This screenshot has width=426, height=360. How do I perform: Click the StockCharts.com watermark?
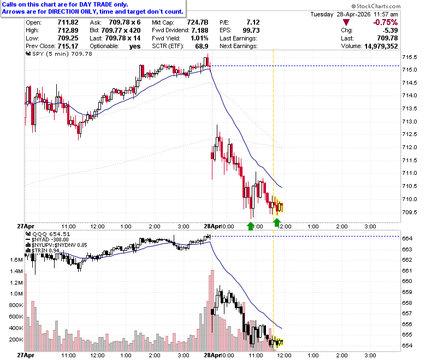coord(376,6)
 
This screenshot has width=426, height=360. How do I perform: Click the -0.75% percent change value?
coord(385,22)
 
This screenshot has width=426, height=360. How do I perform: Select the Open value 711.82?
coord(68,22)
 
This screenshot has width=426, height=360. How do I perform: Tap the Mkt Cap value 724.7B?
coord(198,22)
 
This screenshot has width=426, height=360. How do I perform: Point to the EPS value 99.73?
coord(251,31)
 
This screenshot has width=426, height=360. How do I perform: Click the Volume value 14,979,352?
coord(381,46)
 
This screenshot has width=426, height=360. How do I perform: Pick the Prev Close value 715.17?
coord(68,46)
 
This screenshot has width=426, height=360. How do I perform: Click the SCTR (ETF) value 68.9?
coord(202,46)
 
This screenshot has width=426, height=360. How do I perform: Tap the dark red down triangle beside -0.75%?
coord(346,22)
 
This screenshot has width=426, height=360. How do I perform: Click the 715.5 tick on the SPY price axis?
coord(410,57)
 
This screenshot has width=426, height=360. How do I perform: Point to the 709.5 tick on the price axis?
coord(410,212)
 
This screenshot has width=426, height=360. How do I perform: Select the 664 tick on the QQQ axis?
coord(407,239)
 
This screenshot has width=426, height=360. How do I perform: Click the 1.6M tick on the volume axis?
coord(16,259)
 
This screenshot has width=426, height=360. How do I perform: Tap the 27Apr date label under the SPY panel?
coord(26,226)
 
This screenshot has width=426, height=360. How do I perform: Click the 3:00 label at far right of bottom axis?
coord(370,356)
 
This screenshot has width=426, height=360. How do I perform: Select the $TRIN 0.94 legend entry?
coord(43,251)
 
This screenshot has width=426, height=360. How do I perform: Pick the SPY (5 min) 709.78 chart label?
coord(59,54)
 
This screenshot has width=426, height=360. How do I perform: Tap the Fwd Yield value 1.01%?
coord(199,38)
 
